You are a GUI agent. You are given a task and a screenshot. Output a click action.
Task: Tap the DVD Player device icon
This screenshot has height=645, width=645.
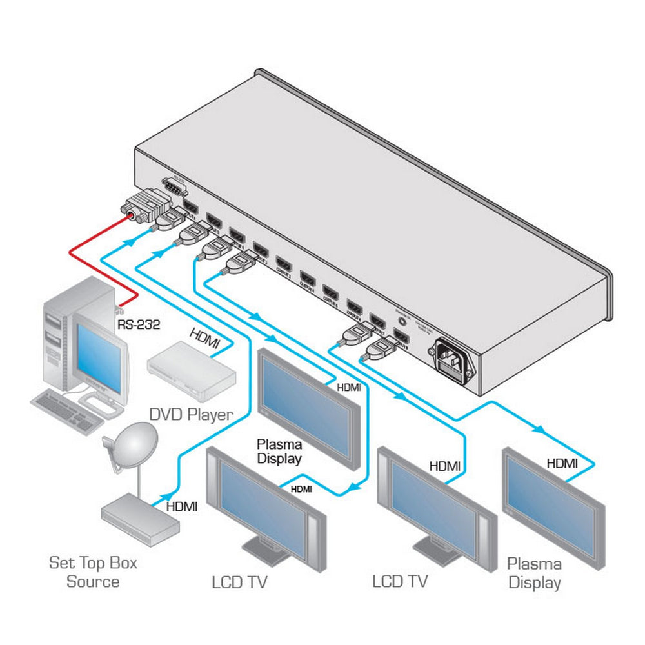(188, 370)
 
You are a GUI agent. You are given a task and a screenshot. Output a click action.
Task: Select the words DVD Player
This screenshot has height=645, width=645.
(190, 414)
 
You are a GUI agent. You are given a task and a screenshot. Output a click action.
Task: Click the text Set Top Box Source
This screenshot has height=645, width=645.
(94, 572)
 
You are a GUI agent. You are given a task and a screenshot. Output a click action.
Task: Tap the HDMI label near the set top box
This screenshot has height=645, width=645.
(182, 507)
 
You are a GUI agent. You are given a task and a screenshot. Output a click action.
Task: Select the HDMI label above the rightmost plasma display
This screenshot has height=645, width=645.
(562, 462)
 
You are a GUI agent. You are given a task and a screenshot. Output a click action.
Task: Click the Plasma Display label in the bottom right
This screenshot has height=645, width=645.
(534, 573)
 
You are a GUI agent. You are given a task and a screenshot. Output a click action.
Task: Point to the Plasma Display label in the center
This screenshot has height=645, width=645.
(279, 451)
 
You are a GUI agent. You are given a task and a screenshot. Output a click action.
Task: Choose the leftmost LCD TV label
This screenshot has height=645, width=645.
(239, 582)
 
